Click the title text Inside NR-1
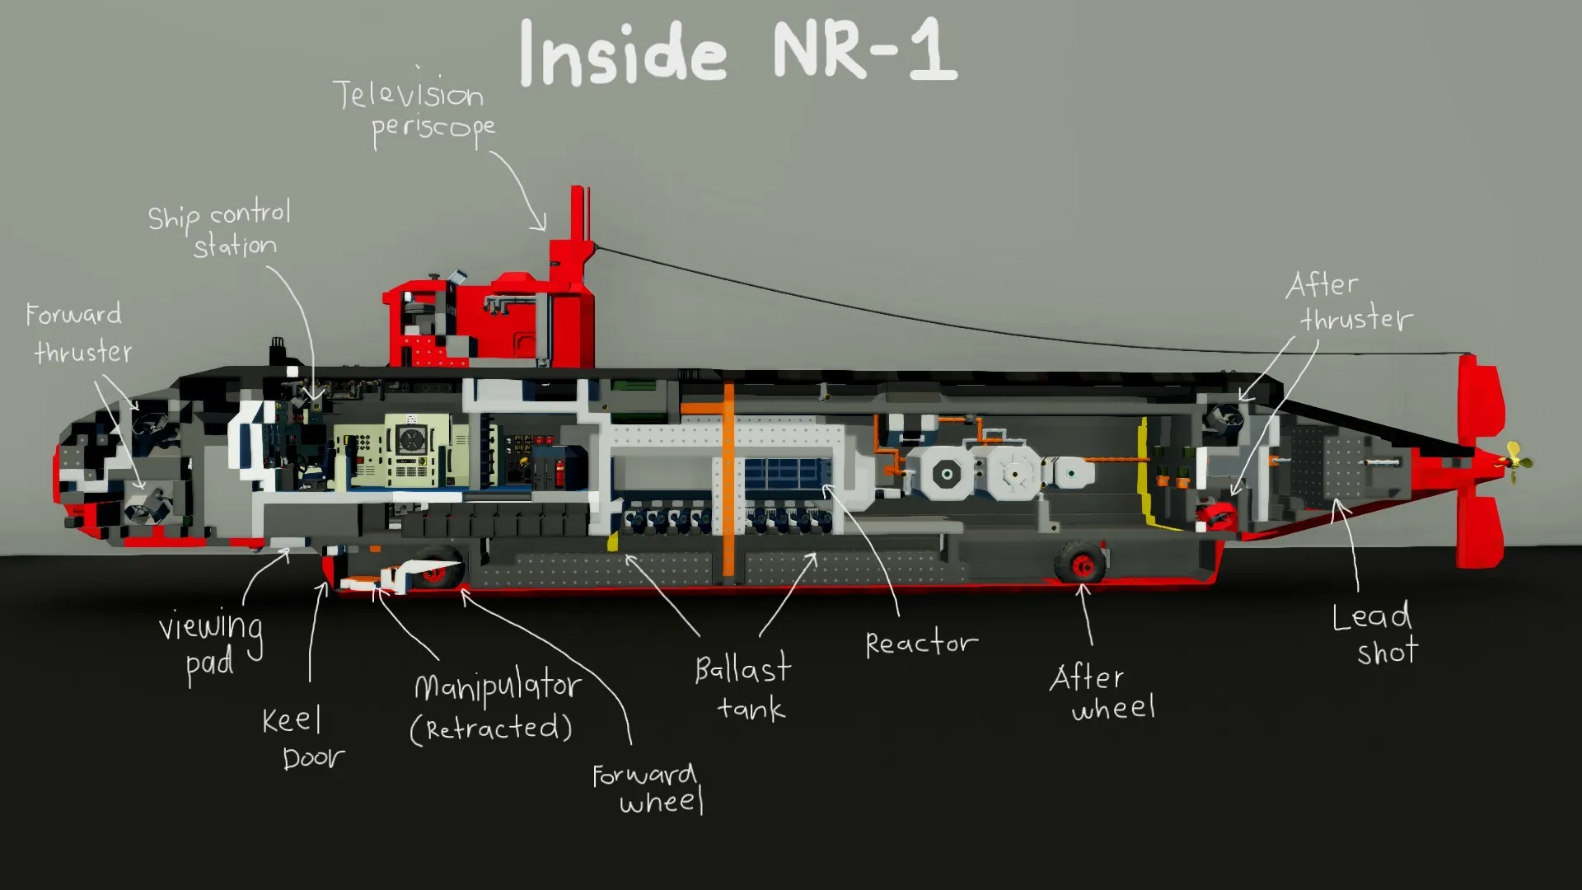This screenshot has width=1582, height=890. click(x=737, y=53)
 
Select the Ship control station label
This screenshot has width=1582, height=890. click(x=221, y=230)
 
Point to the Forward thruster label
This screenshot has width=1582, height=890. click(x=78, y=333)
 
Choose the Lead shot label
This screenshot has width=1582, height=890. click(x=1374, y=634)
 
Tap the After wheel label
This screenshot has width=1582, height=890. click(x=1102, y=692)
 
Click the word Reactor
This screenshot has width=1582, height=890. click(x=921, y=643)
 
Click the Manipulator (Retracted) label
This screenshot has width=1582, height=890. click(x=494, y=707)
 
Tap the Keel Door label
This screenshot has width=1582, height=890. click(x=302, y=738)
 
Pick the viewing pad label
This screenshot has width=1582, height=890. click(x=210, y=644)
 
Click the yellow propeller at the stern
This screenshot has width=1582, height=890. click(x=1514, y=461)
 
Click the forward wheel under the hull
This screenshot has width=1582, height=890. click(x=437, y=567)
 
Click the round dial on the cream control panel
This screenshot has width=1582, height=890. click(x=410, y=440)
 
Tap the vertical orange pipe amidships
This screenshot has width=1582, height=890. click(x=728, y=478)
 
